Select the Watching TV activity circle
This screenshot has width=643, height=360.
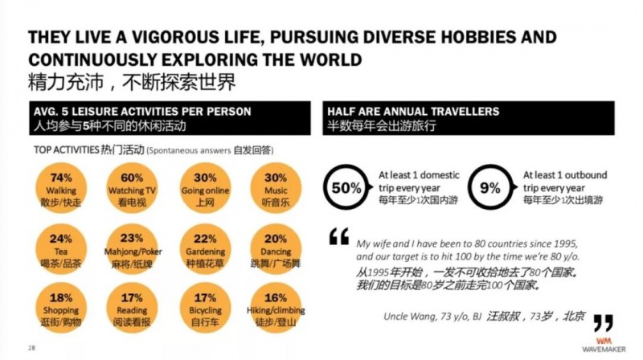pyautogui.click(x=131, y=189)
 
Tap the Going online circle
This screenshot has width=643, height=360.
pyautogui.click(x=205, y=189)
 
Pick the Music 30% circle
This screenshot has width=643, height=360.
pyautogui.click(x=276, y=189)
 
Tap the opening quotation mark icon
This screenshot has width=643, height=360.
pyautogui.click(x=339, y=238)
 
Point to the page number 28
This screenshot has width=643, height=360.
pyautogui.click(x=31, y=347)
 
